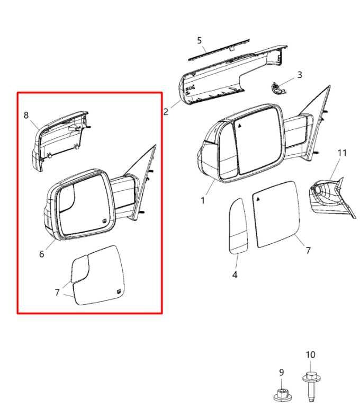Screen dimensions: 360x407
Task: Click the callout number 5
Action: (199, 40)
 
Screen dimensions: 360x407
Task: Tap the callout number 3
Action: (300, 75)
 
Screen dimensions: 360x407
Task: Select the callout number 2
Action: (166, 112)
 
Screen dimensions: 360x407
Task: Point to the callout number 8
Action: (26, 115)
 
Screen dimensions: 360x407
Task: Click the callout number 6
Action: (42, 254)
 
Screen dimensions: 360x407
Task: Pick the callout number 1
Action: (203, 200)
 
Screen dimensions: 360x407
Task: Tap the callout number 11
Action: (342, 153)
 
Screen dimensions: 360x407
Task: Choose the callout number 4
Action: (235, 275)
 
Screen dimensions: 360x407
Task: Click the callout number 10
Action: (310, 355)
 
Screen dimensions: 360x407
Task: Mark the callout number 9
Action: (282, 373)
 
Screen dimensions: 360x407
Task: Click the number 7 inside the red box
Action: (58, 293)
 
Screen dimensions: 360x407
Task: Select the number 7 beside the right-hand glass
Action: (308, 251)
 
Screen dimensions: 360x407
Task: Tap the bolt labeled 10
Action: (311, 386)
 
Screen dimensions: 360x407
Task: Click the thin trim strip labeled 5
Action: (219, 50)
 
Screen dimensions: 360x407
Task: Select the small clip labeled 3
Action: (278, 89)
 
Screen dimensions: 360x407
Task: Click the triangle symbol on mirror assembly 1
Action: (240, 126)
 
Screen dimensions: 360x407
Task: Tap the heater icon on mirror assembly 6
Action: (104, 221)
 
